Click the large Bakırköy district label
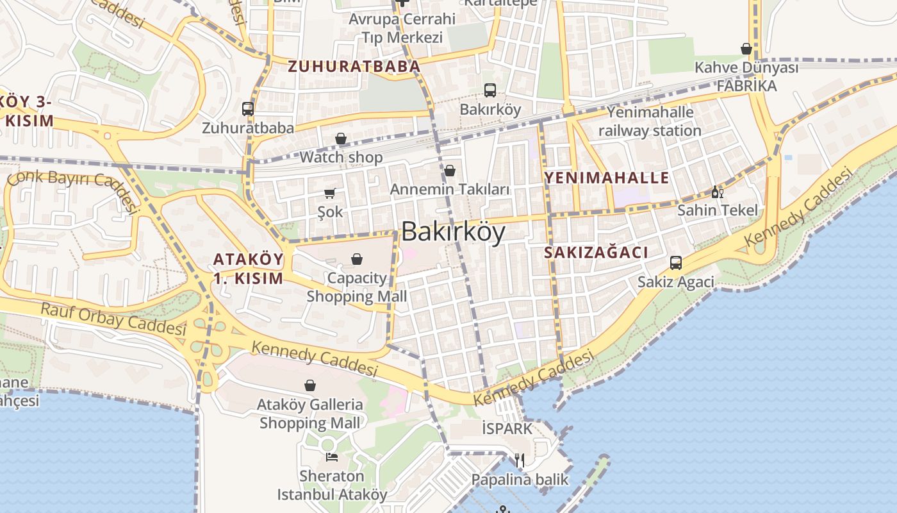(x=453, y=231)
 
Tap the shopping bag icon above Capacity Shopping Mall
(x=357, y=259)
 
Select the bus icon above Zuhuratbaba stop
(x=248, y=109)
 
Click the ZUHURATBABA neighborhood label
(x=354, y=66)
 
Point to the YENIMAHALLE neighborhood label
(x=607, y=178)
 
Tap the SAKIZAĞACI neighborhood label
(x=596, y=252)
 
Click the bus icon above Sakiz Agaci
(x=676, y=262)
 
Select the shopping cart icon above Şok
(x=330, y=193)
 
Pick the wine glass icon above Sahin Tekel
(x=718, y=192)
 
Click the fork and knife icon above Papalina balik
(x=520, y=460)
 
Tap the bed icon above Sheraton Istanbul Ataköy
(x=332, y=457)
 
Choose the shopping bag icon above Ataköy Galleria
(x=310, y=385)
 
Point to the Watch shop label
(x=341, y=157)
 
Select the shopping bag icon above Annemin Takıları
(x=450, y=171)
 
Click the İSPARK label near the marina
(x=506, y=428)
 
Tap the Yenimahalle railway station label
(x=650, y=121)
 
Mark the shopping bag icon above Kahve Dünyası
(x=746, y=49)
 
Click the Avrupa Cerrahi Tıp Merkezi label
(x=402, y=28)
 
